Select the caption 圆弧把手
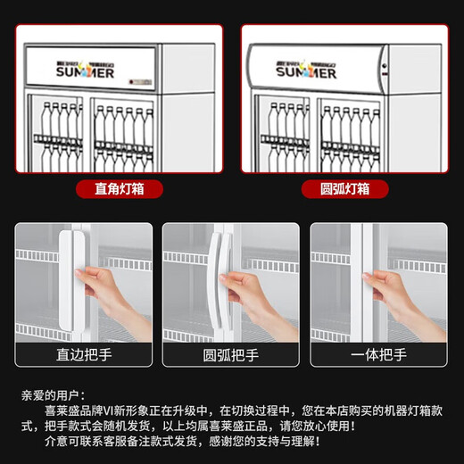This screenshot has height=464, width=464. tap(231, 356)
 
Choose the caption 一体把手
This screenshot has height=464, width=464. tap(378, 356)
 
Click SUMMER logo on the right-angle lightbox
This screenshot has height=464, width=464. tap(84, 70)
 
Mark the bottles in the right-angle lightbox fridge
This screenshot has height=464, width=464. tap(89, 134)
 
